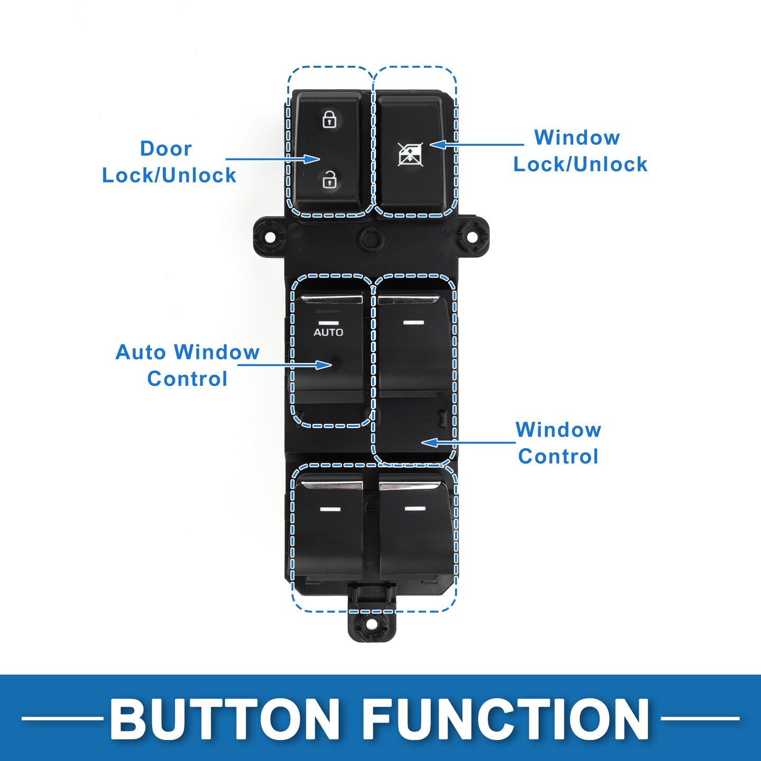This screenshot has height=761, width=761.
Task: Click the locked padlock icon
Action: point(330,119)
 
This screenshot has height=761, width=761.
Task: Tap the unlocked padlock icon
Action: point(330,180)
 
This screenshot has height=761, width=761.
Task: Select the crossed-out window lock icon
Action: point(410,154)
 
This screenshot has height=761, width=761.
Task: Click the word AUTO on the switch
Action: point(328,332)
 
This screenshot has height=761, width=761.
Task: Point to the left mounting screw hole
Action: point(269,236)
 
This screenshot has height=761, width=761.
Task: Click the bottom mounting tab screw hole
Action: point(372,624)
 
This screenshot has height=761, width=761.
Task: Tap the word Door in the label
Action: point(165,149)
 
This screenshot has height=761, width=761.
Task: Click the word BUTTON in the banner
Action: point(225,719)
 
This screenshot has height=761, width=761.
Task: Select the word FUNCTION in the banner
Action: point(506,719)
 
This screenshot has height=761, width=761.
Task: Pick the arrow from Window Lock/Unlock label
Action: point(476,144)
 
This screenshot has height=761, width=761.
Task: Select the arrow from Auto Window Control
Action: point(285,365)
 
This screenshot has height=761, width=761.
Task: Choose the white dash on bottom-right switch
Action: point(415,508)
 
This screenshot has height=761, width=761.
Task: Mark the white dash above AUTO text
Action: point(328,322)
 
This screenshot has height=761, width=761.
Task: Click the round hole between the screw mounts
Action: point(370,238)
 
